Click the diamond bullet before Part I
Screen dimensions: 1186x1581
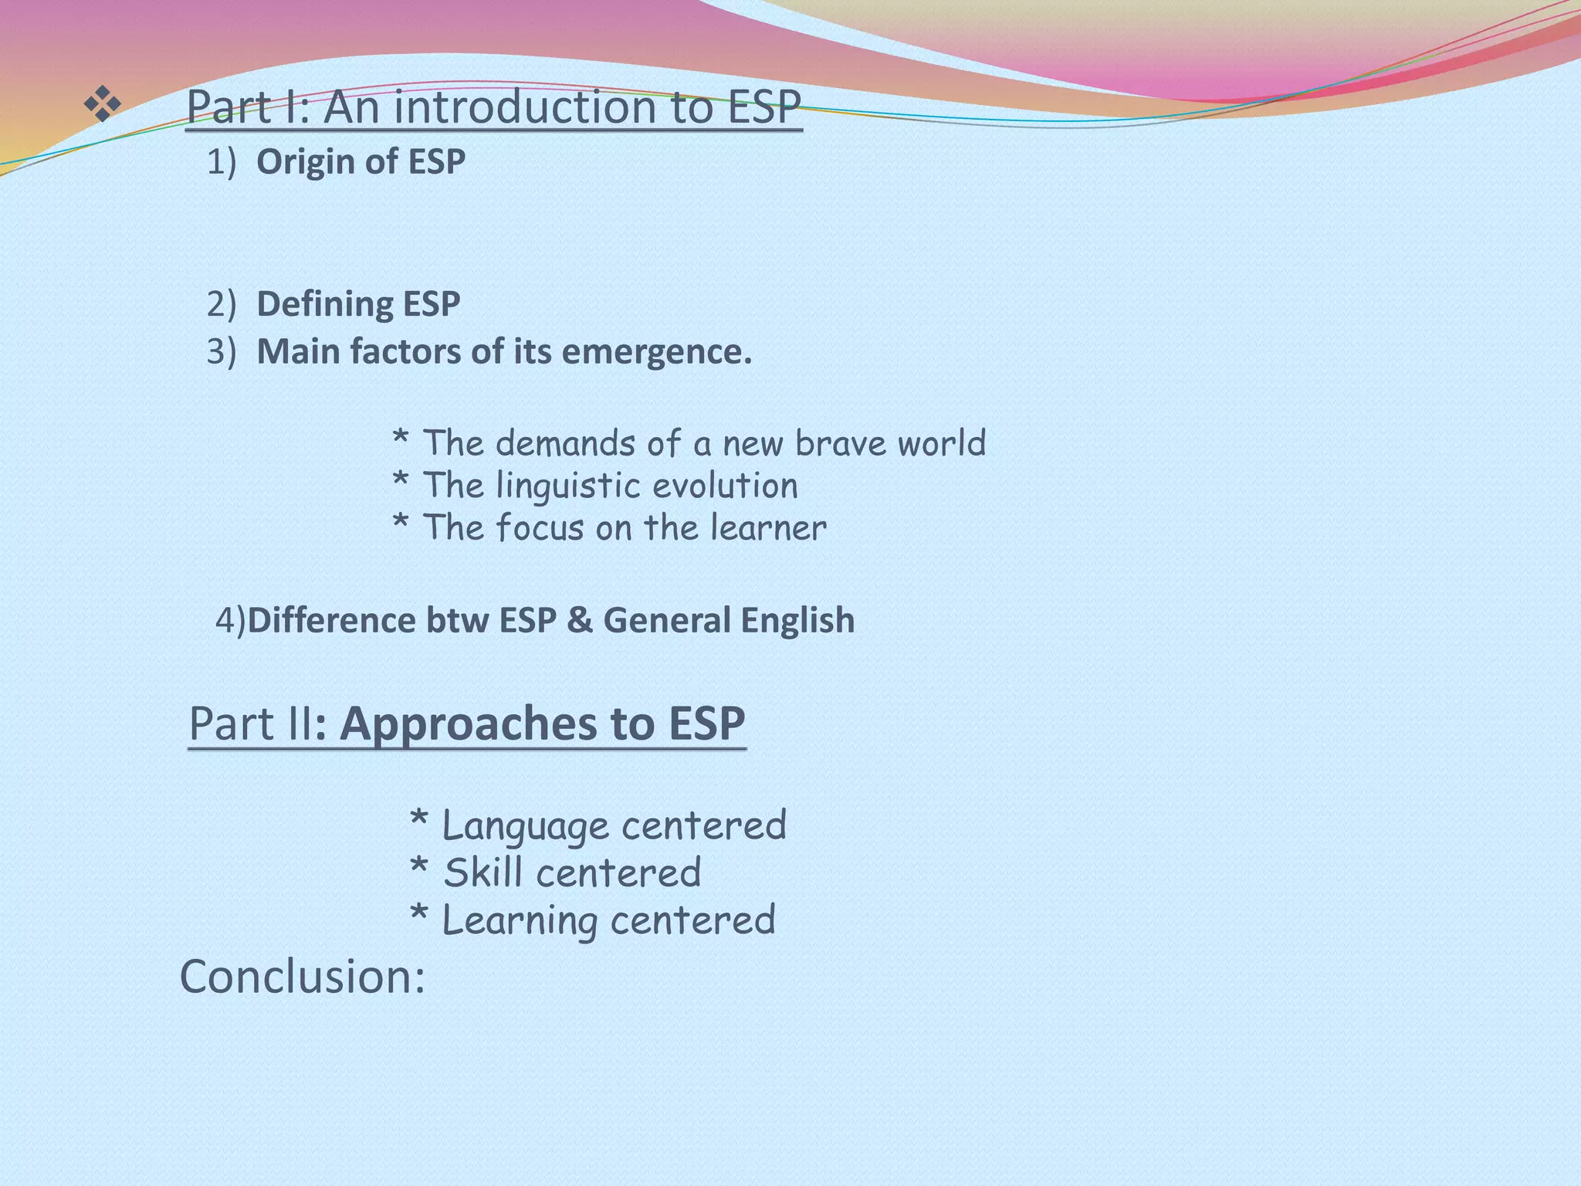[103, 104]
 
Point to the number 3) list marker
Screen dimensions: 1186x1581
[221, 352]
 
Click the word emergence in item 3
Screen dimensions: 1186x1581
[656, 352]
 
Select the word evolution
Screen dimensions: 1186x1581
[726, 486]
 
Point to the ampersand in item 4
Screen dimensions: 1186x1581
[579, 621]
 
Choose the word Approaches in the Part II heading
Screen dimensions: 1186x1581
[469, 724]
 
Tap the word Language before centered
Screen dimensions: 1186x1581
[526, 827]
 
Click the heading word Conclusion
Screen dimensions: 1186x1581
[302, 977]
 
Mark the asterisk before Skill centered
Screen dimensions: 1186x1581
[418, 868]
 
